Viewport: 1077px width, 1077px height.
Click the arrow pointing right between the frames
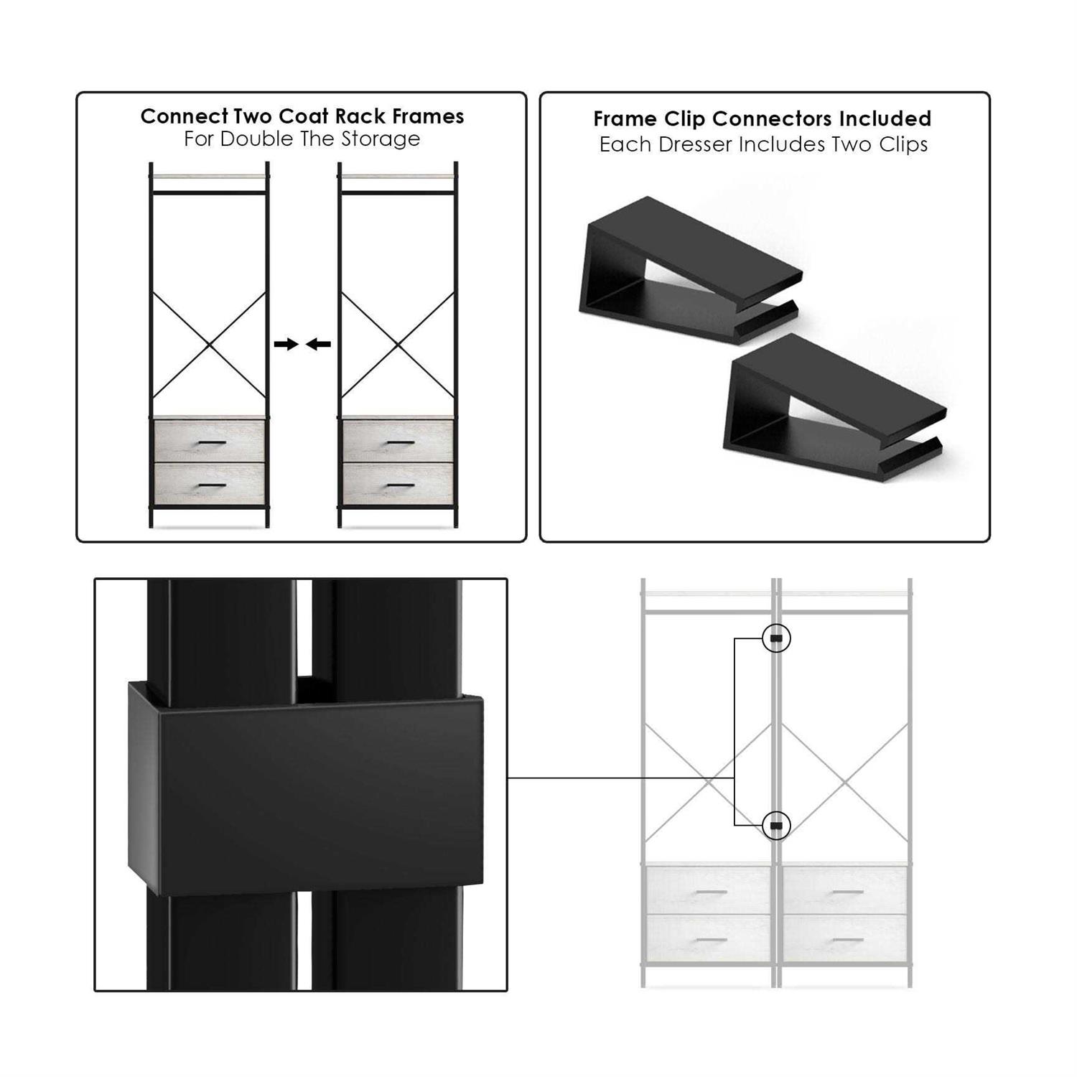click(286, 345)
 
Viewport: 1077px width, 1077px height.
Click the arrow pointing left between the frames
click(318, 345)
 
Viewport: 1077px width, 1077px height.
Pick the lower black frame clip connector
click(833, 409)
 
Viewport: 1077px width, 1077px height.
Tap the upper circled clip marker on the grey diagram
click(775, 638)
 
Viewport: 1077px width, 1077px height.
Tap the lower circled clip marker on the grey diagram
click(775, 826)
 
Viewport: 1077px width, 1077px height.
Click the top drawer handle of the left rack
click(211, 442)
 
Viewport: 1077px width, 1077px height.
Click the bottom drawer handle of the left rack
click(211, 486)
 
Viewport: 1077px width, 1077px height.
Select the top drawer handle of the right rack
click(400, 442)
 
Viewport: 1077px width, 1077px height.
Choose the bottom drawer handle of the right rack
click(400, 486)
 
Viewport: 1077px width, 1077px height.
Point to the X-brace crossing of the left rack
click(210, 345)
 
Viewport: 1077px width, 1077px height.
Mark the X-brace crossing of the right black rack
click(398, 345)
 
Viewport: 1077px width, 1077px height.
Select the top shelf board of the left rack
click(209, 175)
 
